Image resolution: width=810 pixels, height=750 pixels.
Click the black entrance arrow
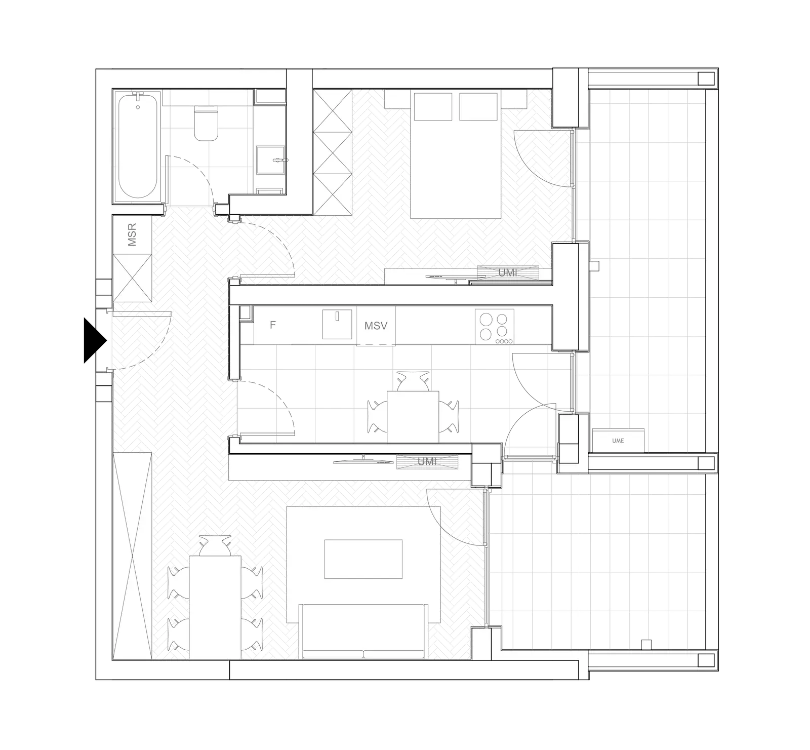click(x=94, y=340)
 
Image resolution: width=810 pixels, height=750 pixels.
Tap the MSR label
click(x=132, y=235)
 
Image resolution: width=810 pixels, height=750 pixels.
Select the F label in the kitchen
click(x=272, y=325)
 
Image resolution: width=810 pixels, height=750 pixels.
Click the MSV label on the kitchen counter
click(x=376, y=326)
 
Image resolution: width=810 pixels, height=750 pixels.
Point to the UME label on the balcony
click(x=618, y=441)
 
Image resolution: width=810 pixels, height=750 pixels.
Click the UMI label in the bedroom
click(x=508, y=272)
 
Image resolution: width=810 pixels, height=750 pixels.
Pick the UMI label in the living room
click(x=427, y=462)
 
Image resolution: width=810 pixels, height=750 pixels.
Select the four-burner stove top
click(x=495, y=327)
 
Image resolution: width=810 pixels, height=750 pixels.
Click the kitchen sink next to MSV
click(x=337, y=324)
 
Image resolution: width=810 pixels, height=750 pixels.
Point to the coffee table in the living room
click(x=363, y=559)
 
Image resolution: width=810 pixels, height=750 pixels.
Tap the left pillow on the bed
click(x=433, y=106)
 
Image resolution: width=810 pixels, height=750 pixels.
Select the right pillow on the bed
click(x=478, y=106)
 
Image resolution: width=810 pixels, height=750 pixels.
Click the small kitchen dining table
click(x=413, y=416)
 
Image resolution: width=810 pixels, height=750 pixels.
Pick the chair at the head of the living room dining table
click(x=215, y=545)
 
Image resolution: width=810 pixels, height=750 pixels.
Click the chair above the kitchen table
click(x=413, y=381)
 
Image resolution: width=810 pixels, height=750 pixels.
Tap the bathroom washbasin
click(x=271, y=161)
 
